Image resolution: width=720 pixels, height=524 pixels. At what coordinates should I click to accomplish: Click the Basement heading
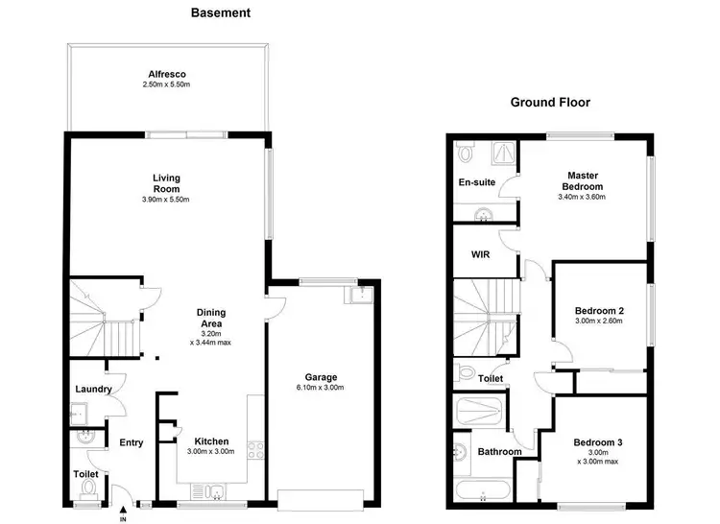click(x=221, y=13)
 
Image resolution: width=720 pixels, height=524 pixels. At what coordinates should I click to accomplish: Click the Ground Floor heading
click(x=550, y=102)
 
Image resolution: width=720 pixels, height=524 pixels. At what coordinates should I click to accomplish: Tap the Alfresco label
click(x=166, y=73)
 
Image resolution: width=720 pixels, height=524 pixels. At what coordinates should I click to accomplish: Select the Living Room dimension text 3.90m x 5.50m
click(x=166, y=200)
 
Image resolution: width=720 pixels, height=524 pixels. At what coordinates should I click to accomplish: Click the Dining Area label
click(x=210, y=318)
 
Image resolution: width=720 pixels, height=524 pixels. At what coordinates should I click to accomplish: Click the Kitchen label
click(x=211, y=441)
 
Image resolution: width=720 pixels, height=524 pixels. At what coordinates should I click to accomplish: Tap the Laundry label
click(x=94, y=390)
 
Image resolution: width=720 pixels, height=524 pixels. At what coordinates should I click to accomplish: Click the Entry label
click(x=131, y=442)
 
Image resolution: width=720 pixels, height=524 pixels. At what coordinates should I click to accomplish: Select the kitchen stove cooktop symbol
click(x=256, y=449)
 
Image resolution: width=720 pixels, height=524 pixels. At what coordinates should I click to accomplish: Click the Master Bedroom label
click(x=584, y=180)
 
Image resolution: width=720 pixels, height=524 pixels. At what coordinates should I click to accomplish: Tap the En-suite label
click(x=475, y=181)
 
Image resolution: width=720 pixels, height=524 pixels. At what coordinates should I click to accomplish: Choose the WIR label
click(x=481, y=254)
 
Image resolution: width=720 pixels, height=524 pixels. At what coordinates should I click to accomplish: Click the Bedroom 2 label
click(x=600, y=311)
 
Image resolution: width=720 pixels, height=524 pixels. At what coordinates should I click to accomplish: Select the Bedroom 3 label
click(x=599, y=442)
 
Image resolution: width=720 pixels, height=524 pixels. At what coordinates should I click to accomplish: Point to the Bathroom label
click(x=499, y=452)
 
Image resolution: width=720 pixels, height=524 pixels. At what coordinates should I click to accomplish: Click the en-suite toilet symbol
click(x=467, y=151)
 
